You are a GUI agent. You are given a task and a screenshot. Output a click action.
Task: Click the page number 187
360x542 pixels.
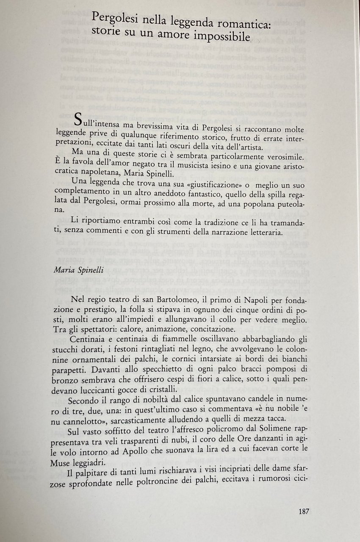(x=304, y=511)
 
